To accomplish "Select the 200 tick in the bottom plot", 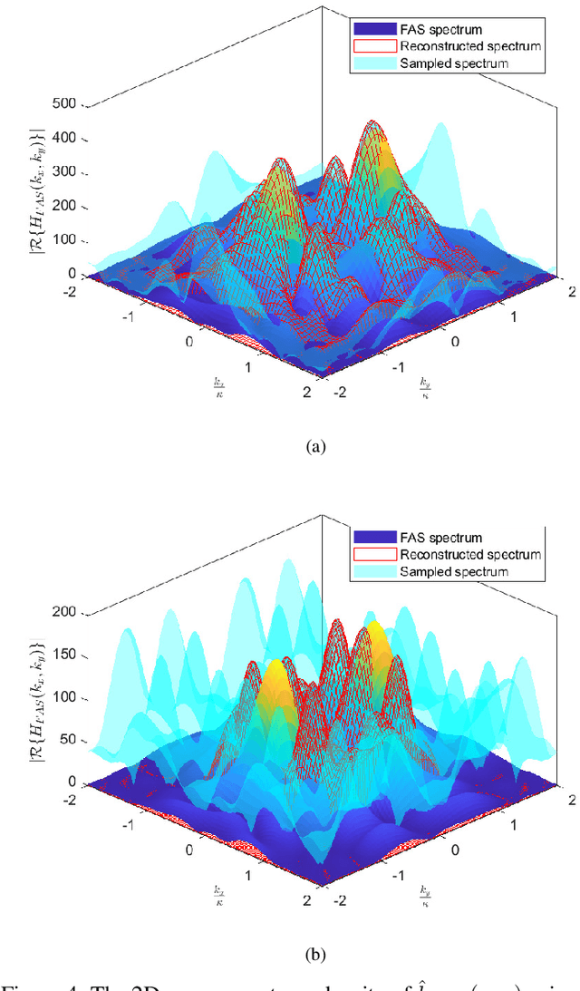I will [x=67, y=612].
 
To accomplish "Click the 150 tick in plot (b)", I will [x=67, y=655].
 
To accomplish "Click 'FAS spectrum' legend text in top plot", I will [x=438, y=29].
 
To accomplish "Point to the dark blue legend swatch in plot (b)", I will [x=364, y=538].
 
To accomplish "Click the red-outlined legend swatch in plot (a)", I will [x=364, y=45].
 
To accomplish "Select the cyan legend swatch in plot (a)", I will [x=364, y=63].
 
